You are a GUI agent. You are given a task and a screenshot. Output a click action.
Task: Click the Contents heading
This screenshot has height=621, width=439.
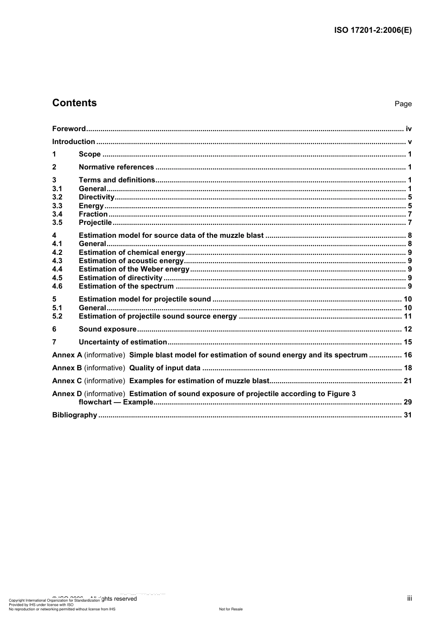[x=74, y=103]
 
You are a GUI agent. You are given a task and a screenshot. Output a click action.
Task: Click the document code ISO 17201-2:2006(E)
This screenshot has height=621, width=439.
[x=372, y=30]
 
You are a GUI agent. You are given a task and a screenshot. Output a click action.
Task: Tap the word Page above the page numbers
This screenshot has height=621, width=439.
[x=403, y=104]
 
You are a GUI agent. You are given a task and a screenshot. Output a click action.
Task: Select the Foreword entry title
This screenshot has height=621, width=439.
[x=69, y=129]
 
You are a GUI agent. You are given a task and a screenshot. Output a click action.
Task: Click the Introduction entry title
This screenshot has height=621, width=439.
[x=73, y=142]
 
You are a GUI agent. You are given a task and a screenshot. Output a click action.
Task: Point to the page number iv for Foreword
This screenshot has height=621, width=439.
[x=409, y=129]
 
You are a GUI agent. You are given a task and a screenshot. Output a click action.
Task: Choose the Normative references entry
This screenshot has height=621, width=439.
[x=116, y=167]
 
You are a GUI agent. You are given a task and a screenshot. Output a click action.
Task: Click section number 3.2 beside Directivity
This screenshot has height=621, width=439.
[x=57, y=197]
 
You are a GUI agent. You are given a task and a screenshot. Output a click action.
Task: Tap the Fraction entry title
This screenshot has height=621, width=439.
[x=93, y=214]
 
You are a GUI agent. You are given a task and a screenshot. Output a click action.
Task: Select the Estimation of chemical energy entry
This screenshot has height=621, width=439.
[x=132, y=253]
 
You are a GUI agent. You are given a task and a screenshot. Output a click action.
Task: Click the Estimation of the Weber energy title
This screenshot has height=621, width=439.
[x=134, y=269]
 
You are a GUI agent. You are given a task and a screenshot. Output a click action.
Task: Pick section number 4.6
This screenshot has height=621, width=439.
[x=57, y=286]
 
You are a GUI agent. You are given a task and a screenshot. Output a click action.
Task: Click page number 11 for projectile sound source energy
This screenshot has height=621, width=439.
[x=408, y=316]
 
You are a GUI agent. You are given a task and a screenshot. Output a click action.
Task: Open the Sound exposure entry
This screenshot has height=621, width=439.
[x=108, y=329]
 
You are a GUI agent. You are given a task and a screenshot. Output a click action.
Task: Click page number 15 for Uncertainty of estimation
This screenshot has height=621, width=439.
[x=408, y=342]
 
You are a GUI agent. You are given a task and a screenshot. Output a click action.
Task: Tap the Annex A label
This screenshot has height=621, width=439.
[x=67, y=355]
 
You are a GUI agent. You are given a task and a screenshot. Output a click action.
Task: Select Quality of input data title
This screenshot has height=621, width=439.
[x=165, y=368]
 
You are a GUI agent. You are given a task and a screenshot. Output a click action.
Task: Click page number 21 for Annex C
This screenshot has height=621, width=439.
[x=408, y=381]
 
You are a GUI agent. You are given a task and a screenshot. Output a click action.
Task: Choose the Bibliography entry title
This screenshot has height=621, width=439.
[x=74, y=415]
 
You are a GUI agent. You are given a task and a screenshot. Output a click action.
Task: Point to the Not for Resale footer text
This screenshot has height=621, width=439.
[x=231, y=609]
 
